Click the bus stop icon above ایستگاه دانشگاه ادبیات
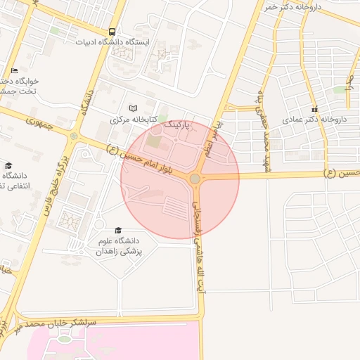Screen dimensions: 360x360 112,32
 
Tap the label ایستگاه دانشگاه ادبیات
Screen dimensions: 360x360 113,42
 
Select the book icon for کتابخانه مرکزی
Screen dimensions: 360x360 134,109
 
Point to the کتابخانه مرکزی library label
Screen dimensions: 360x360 133,120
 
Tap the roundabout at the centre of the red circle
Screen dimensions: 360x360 195,179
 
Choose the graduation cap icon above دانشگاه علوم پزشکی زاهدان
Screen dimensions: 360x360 118,231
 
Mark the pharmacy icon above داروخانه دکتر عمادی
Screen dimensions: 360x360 315,109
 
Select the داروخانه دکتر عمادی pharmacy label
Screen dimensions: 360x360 314,120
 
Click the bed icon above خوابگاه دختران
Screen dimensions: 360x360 15,71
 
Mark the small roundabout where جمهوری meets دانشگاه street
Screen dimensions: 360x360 75,134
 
